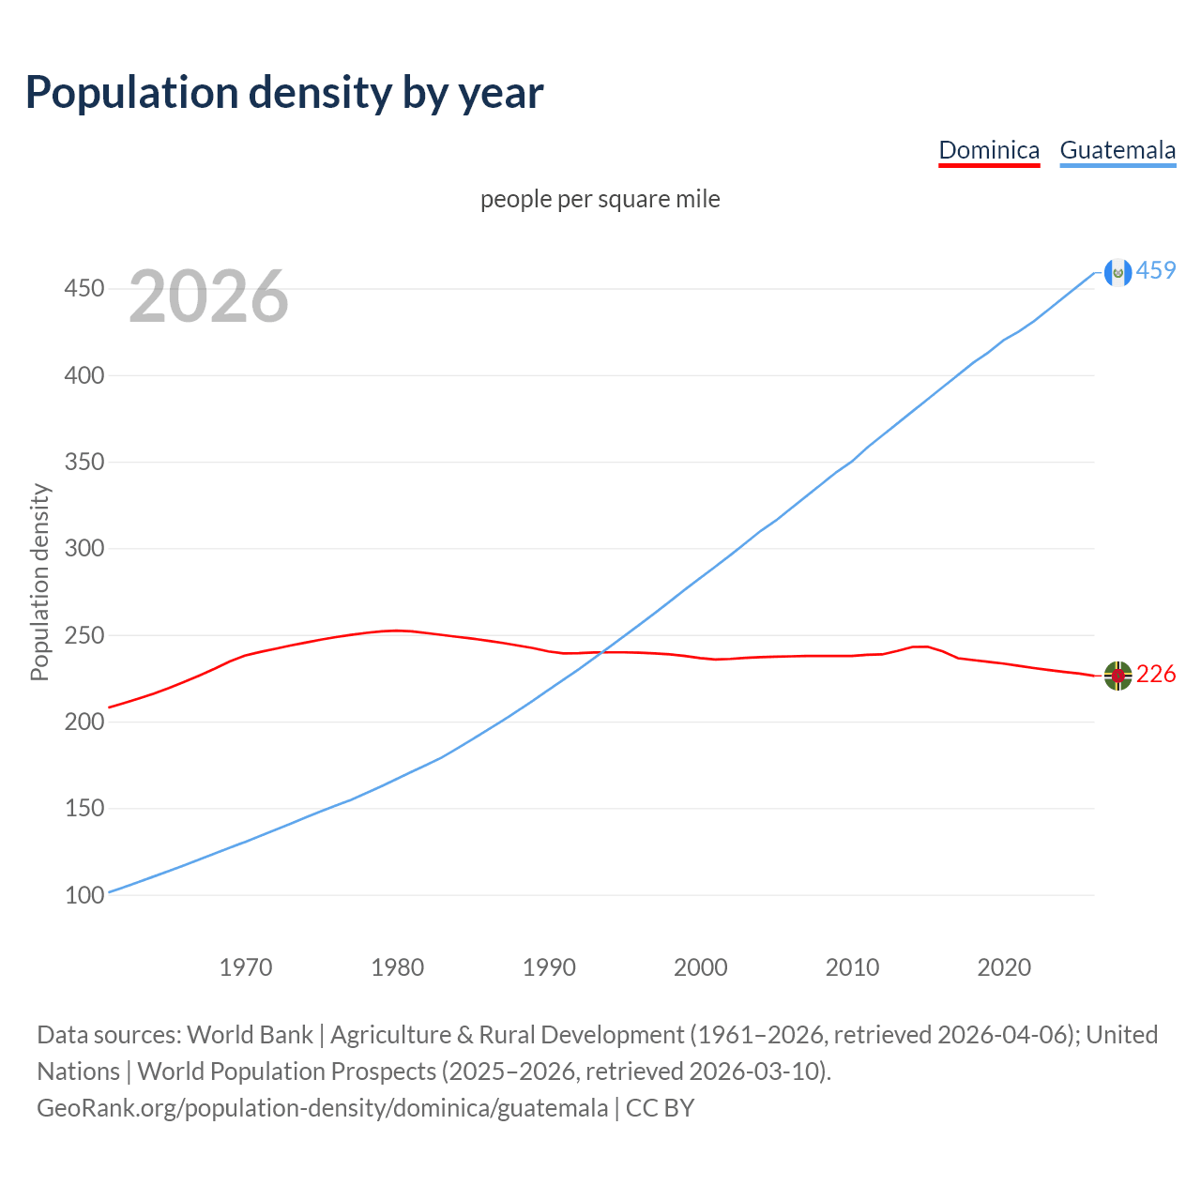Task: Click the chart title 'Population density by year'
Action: pos(284,92)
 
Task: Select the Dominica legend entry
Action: pos(989,150)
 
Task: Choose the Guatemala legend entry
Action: pos(1117,150)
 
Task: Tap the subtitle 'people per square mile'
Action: pos(600,199)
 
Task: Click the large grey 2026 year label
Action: pos(208,296)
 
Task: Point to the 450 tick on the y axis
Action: pos(84,288)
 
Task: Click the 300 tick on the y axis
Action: pos(84,548)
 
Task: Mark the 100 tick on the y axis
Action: pos(84,895)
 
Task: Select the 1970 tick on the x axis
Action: pos(246,966)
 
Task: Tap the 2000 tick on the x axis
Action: pos(701,966)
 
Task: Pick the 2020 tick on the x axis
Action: pos(1004,966)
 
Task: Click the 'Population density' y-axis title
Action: pos(39,582)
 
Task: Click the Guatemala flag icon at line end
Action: pos(1117,272)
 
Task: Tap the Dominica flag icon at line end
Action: pos(1117,676)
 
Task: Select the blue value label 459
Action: pos(1156,270)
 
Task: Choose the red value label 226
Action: pos(1156,674)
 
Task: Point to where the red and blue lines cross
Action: pos(601,652)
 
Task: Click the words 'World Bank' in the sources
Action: pos(250,1034)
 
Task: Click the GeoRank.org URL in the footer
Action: pos(322,1107)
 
